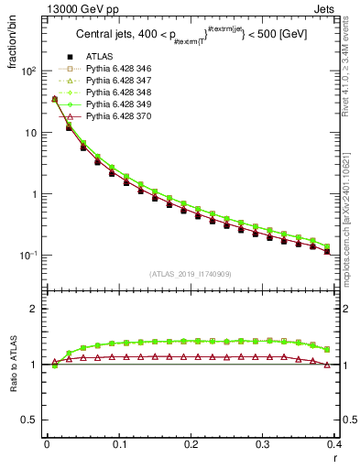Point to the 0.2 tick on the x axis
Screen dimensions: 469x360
coord(191,444)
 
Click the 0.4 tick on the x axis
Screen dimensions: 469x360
coord(334,444)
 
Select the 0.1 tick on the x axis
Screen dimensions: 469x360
coord(119,444)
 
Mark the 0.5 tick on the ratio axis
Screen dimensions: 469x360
coord(33,420)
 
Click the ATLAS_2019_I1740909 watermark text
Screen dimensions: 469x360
coord(191,275)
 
